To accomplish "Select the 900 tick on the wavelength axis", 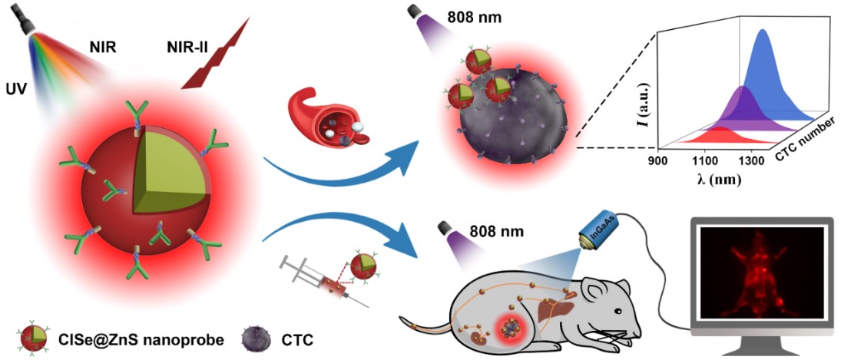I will tap(658, 160).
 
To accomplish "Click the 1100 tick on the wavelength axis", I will tap(709, 161).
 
